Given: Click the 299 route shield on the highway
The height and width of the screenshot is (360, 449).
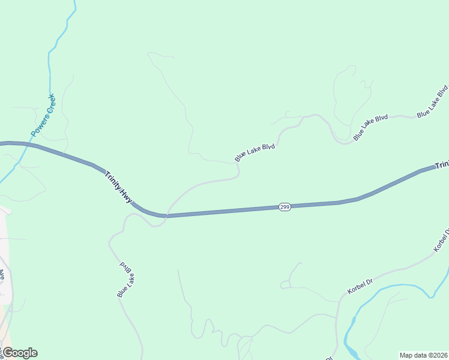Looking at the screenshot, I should [x=285, y=207].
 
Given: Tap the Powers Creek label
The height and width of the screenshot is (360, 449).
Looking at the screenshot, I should [x=43, y=114].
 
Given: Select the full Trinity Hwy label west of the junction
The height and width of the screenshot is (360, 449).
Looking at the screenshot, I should [x=119, y=187].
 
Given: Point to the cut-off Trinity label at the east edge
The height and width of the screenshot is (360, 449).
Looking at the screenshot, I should [x=442, y=164].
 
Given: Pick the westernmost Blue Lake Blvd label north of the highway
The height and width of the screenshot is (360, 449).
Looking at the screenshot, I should [x=255, y=152].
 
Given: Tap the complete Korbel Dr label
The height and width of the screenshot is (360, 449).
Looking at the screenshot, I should [x=360, y=286].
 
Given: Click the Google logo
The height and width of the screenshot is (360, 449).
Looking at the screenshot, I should [x=19, y=353].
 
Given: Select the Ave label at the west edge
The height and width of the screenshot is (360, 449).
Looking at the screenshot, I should [x=2, y=274].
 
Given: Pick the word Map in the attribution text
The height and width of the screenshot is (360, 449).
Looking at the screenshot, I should [x=406, y=355].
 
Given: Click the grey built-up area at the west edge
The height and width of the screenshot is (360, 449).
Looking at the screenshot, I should [x=5, y=252].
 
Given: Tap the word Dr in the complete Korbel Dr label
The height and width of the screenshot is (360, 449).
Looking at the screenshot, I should [x=370, y=280].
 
